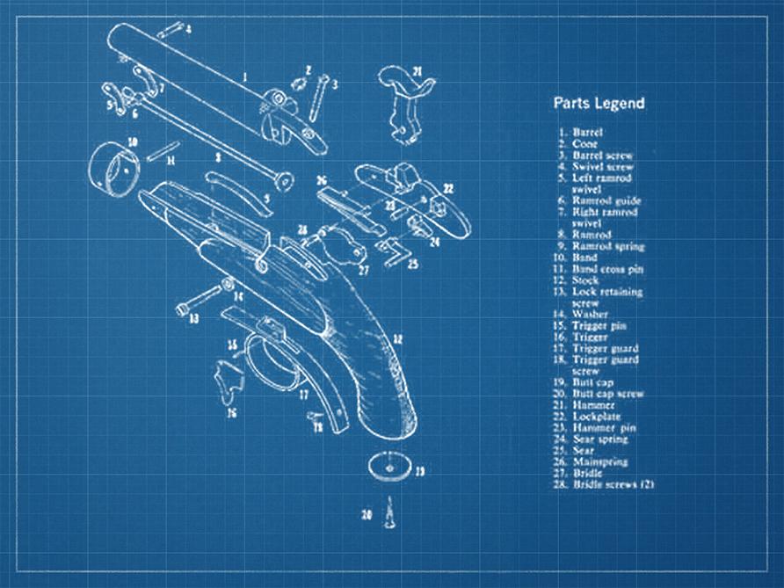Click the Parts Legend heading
pyautogui.click(x=598, y=103)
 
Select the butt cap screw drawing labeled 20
pyautogui.click(x=388, y=519)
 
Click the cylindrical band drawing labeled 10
pyautogui.click(x=115, y=166)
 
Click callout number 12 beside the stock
pyautogui.click(x=397, y=338)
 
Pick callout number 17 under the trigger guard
pyautogui.click(x=303, y=395)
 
